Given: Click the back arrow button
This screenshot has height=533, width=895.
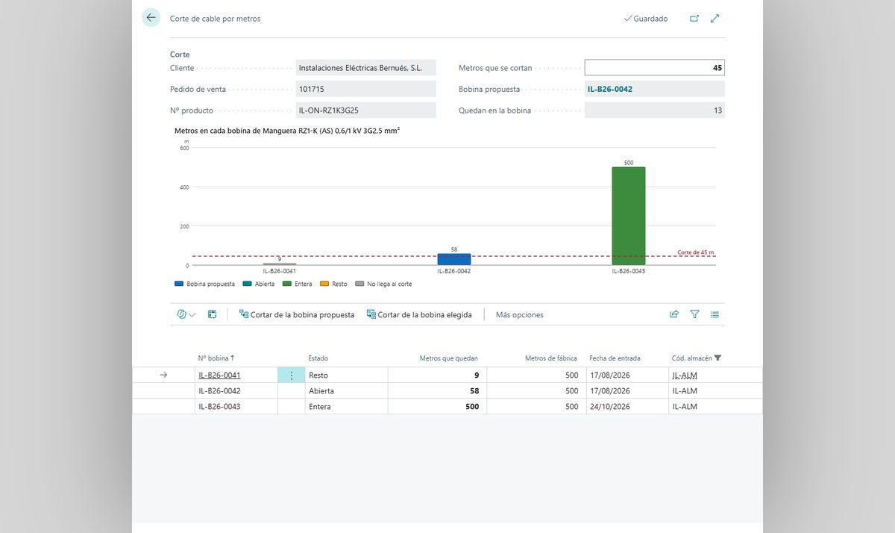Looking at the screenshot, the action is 151,18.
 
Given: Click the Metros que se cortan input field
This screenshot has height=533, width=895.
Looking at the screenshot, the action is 654,68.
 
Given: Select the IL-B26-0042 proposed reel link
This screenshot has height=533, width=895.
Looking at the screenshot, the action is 610,89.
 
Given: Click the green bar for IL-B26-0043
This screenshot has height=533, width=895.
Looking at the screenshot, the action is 629,216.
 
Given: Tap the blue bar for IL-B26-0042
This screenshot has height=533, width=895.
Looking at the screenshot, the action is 454,259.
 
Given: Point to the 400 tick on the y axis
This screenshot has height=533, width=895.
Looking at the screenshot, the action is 184,187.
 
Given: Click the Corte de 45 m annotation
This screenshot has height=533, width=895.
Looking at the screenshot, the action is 695,252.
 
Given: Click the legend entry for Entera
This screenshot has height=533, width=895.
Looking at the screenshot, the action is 298,284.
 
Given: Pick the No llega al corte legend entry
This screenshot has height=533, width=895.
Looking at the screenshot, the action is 383,284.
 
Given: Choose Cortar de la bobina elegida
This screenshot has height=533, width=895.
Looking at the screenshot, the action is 419,315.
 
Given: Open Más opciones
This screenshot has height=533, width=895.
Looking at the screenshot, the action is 519,315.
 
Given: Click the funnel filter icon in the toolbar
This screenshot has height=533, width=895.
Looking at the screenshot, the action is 694,314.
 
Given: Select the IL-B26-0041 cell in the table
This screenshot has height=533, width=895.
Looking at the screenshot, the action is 219,375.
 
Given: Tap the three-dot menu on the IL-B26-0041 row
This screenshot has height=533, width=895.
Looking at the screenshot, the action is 292,375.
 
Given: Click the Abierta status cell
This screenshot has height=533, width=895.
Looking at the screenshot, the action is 321,390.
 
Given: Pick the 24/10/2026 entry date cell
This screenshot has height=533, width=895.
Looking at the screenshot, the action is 610,406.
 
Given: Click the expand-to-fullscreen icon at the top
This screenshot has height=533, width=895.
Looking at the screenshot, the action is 715,19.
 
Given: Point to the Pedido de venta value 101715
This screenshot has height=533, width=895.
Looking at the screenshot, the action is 312,89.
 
